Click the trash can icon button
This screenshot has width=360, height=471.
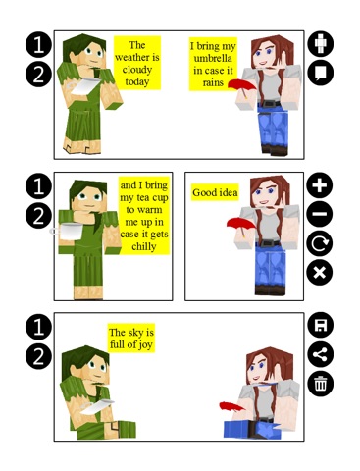(321, 384)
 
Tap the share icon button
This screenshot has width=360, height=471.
(321, 354)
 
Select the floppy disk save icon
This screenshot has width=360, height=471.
(321, 325)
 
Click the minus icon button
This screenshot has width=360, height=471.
(320, 214)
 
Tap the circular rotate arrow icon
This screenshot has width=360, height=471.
(320, 243)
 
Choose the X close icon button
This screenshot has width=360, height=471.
(320, 273)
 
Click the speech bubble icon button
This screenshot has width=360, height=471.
(321, 73)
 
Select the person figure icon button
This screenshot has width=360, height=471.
(321, 43)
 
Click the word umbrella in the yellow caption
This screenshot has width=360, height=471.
(213, 58)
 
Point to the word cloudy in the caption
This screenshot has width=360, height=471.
(137, 70)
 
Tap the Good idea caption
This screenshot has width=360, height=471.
(215, 192)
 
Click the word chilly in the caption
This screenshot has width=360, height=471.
(144, 246)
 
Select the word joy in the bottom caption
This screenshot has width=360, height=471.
(145, 345)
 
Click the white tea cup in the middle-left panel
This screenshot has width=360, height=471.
(69, 232)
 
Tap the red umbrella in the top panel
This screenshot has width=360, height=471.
(242, 87)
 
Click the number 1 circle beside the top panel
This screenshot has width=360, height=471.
(38, 45)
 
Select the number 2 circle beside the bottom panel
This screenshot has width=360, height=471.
(38, 356)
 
